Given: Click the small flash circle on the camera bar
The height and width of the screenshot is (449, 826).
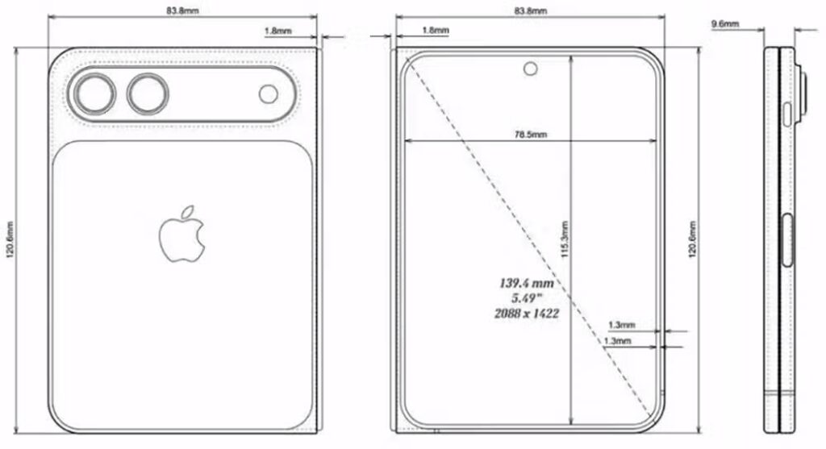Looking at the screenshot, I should [269, 94].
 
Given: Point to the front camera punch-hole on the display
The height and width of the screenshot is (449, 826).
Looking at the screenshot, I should [530, 69].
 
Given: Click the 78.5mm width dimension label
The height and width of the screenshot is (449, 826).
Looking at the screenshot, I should [530, 135].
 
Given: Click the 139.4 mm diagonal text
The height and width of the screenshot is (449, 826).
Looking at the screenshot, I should [529, 284].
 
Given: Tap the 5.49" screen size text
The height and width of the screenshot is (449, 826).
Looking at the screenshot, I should [529, 298].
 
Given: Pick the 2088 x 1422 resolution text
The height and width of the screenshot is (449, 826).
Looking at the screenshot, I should [529, 314].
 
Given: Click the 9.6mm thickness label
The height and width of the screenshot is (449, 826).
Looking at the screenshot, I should [724, 25].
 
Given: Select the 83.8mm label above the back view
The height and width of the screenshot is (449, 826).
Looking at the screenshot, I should [184, 11].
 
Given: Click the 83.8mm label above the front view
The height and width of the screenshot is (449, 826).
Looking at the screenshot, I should [530, 11].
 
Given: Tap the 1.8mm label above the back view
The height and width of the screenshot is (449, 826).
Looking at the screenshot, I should [278, 31].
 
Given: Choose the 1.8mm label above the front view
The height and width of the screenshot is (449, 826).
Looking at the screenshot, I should [435, 30].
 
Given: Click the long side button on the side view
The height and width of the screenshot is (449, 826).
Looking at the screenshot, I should [788, 239].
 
